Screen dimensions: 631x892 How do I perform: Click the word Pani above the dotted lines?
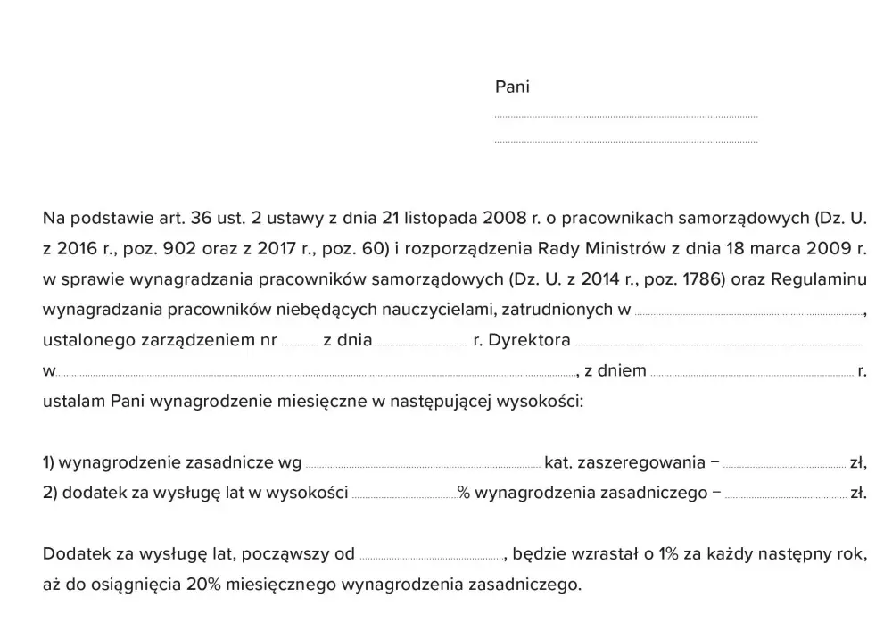click(512, 87)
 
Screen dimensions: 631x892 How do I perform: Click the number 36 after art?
click(199, 217)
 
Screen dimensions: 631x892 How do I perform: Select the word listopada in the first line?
click(442, 217)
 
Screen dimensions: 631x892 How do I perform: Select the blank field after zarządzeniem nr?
click(299, 343)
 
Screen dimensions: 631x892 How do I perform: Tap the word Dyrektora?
click(529, 341)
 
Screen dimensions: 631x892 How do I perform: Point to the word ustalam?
click(74, 402)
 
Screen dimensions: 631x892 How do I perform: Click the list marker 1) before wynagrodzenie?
click(49, 463)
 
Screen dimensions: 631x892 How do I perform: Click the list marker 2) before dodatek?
click(50, 494)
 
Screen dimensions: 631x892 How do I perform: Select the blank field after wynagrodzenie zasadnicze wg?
click(422, 465)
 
